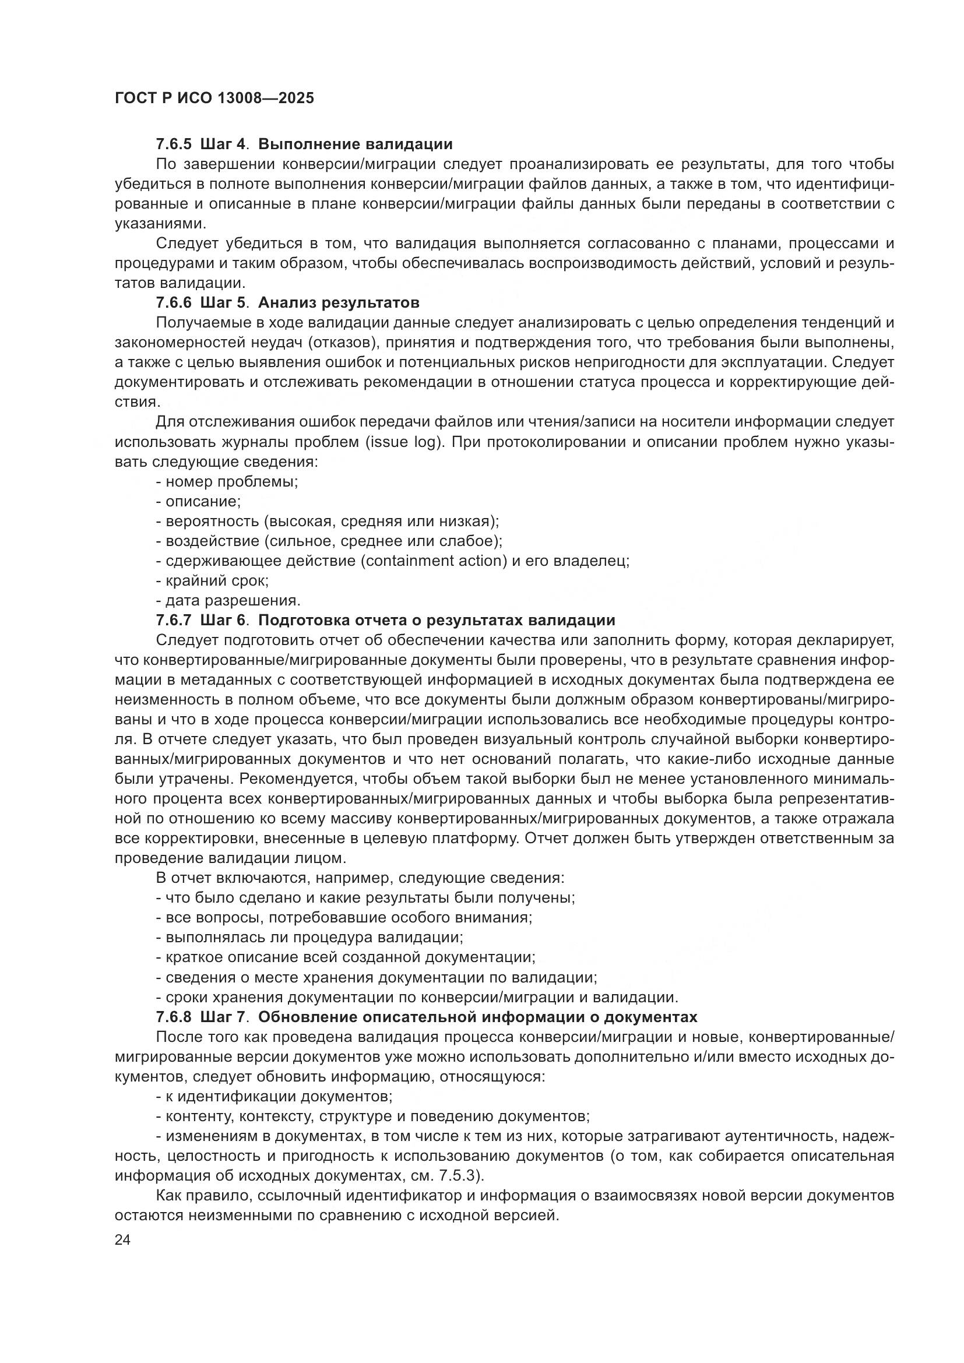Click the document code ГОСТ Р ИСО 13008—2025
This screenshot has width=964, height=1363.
pos(214,98)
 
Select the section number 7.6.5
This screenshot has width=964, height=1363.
pos(174,145)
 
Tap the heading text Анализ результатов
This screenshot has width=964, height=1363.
pos(339,303)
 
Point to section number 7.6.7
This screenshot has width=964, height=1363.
pos(174,621)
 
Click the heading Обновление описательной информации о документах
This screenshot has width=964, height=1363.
pos(478,1017)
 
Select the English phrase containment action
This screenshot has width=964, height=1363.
pos(435,561)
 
